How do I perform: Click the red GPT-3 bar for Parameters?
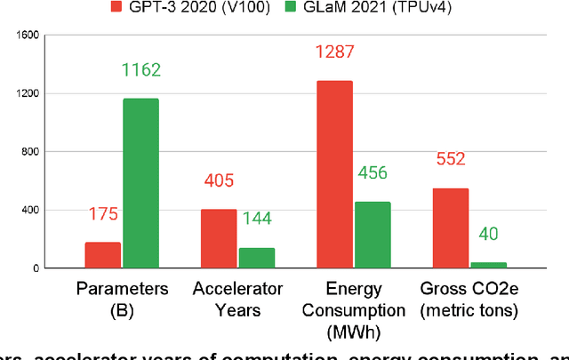[103, 254]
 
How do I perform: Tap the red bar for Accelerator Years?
[219, 238]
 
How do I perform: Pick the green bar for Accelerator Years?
[256, 258]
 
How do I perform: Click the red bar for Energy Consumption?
[334, 174]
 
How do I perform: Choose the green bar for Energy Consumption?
[372, 235]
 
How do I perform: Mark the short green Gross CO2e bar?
[487, 265]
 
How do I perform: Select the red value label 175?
[103, 214]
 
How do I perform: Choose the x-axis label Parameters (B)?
[122, 298]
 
